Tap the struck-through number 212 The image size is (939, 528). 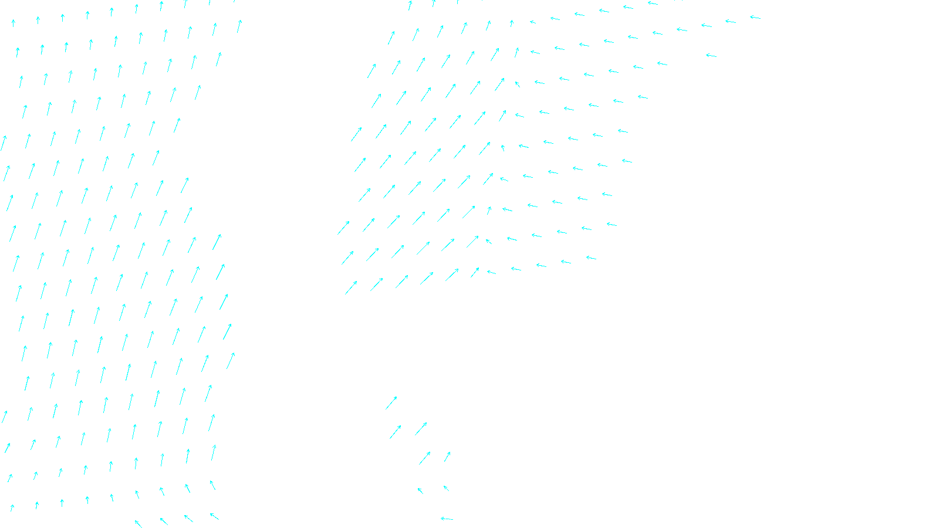coord(445,519)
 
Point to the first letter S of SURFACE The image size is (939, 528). coord(457,519)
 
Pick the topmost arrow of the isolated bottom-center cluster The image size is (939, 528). coord(391,402)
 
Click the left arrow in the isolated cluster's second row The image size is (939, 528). coord(396,432)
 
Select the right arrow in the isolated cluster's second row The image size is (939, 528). coord(421,429)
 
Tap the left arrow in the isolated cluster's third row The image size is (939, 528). coord(425,458)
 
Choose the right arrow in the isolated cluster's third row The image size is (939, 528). coord(448,456)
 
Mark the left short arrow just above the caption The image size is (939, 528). coord(420,490)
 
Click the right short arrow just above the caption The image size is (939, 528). coord(447,488)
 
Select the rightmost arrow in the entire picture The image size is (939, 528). coord(755,18)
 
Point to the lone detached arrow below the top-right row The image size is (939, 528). coord(711,56)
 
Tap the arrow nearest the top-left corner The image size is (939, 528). coord(13,23)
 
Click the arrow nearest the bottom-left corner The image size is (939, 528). coord(12,507)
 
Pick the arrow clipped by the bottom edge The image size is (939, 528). coord(138,523)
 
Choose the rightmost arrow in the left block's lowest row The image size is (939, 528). coord(214,517)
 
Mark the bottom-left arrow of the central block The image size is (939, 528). coord(351,287)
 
